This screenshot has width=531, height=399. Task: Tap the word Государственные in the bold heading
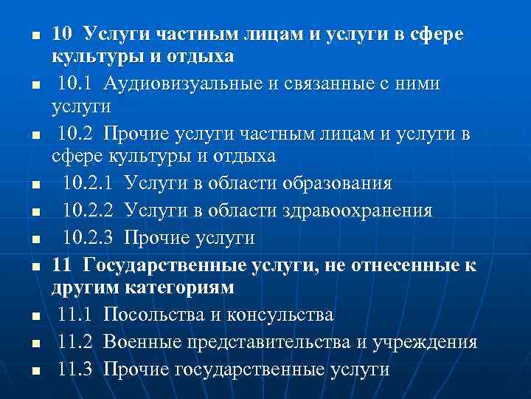164,265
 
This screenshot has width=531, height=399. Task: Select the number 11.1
76,315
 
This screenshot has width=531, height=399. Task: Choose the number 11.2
76,342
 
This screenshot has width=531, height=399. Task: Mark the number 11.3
76,369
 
